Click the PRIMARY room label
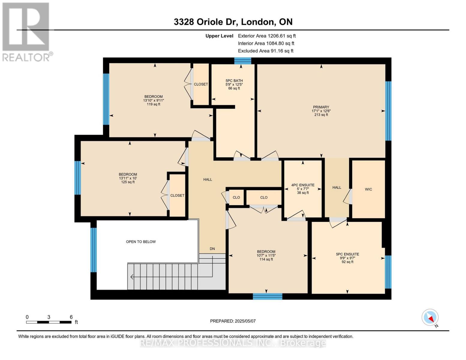pos(321,107)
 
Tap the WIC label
pos(368,189)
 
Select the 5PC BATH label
pos(234,81)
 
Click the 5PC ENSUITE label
pos(347,254)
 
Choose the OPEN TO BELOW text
pos(141,242)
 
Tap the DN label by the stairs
pos(212,249)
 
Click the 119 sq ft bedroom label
pos(153,100)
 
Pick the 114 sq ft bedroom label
pos(266,255)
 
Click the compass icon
pos(430,317)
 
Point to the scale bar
pos(49,322)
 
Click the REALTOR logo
pos(26,31)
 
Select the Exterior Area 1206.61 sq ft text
pos(266,36)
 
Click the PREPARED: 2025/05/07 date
pos(233,321)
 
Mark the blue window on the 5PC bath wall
pos(242,61)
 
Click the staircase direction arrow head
pos(131,277)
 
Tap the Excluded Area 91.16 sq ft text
pos(265,51)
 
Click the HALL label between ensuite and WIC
pos(336,187)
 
